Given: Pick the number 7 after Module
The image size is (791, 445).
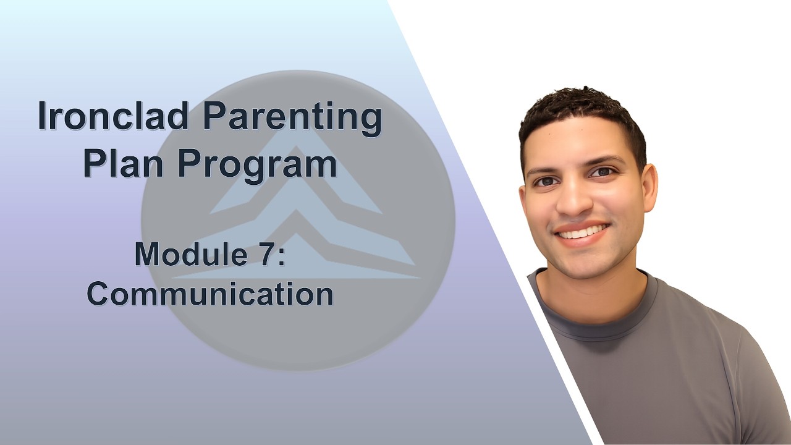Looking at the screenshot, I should point(263,255).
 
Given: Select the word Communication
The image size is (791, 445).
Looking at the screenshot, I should point(210,294).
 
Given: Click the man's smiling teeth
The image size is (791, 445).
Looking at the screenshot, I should point(581,232).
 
